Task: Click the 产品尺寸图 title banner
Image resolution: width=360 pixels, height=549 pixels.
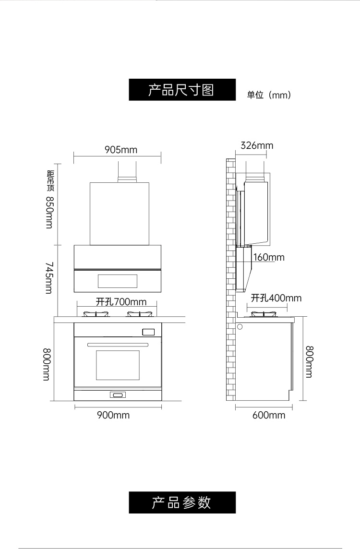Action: [x=182, y=90]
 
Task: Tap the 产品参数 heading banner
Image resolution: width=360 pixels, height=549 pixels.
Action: [x=182, y=502]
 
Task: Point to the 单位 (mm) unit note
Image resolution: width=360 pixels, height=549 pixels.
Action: [x=269, y=95]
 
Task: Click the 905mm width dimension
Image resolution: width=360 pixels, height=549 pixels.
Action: [x=121, y=150]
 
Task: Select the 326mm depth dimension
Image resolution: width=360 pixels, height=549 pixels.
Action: [x=257, y=145]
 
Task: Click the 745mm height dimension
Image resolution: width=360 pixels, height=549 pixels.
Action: [x=49, y=278]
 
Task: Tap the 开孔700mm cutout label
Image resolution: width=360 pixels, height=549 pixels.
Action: [x=121, y=301]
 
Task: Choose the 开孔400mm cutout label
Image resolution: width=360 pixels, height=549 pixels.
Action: [x=276, y=298]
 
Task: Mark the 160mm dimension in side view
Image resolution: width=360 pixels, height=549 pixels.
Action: [x=269, y=257]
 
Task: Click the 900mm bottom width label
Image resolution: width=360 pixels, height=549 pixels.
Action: [x=113, y=415]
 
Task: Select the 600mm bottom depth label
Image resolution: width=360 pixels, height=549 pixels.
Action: [x=269, y=415]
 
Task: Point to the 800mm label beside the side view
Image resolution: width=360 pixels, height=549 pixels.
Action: [x=309, y=362]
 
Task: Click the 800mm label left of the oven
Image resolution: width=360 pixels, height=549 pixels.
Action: [x=47, y=364]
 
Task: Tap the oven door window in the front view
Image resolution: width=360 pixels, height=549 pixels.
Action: [x=118, y=365]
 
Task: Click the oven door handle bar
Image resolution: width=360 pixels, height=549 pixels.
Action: [x=118, y=345]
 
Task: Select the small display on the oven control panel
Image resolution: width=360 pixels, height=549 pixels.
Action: [x=148, y=332]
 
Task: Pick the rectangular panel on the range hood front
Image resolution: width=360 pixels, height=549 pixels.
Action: [x=117, y=281]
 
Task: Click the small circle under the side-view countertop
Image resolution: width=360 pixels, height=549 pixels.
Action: [x=240, y=327]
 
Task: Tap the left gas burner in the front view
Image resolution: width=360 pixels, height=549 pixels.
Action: [x=95, y=314]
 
